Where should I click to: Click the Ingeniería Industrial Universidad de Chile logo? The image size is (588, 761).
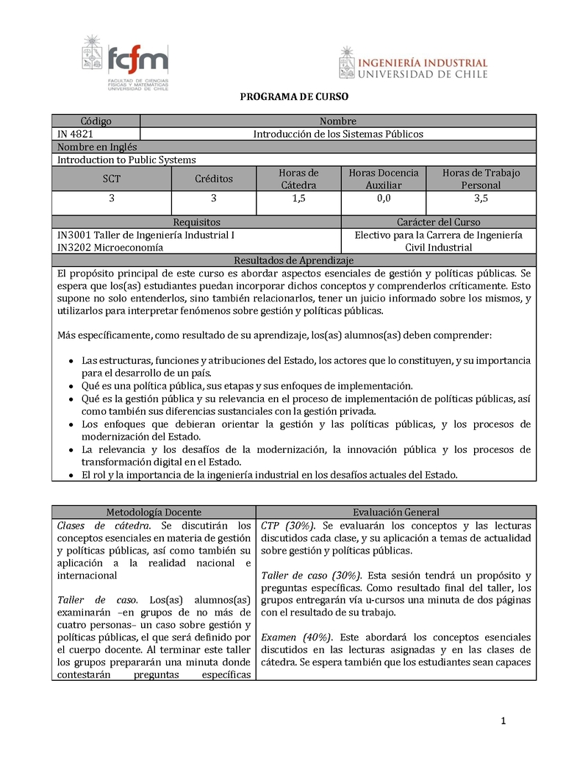click(x=413, y=63)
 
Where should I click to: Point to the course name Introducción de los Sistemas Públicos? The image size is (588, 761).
click(x=338, y=134)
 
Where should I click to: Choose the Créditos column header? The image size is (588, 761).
click(x=214, y=179)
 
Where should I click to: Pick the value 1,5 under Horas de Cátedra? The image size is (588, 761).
click(x=298, y=199)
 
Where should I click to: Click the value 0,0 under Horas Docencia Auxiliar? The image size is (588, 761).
click(x=384, y=199)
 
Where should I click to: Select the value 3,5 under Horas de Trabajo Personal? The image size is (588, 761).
click(x=481, y=199)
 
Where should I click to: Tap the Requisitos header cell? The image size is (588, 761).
click(x=196, y=222)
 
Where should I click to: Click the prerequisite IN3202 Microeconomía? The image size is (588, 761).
click(x=110, y=248)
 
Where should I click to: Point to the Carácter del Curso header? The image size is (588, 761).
click(x=439, y=222)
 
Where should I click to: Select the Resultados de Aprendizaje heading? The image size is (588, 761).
click(x=294, y=260)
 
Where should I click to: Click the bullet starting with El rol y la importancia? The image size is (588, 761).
click(x=269, y=475)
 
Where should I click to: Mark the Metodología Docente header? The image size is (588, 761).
click(x=154, y=512)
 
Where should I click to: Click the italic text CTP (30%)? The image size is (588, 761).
click(x=288, y=526)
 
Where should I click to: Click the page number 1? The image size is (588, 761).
click(x=503, y=721)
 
